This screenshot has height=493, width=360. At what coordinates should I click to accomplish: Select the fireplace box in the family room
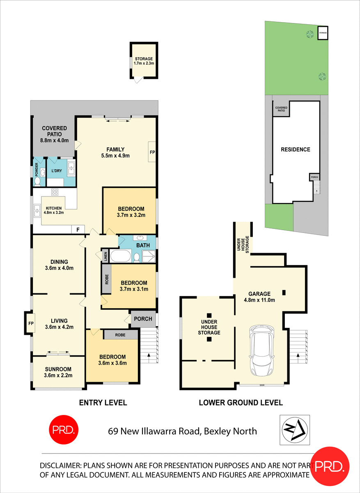152,152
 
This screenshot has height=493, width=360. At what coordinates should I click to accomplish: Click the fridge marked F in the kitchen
78,229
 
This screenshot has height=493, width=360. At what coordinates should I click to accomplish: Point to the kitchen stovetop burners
55,192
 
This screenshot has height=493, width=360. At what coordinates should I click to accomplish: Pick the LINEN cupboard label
105,256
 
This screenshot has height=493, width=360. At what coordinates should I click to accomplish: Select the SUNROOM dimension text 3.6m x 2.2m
58,375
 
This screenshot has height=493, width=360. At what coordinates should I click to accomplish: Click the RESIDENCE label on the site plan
295,150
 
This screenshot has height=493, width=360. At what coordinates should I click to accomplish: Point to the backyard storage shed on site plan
323,33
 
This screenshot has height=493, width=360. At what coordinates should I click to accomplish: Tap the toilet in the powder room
37,181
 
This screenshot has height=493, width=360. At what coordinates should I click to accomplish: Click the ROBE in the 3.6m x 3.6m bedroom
120,335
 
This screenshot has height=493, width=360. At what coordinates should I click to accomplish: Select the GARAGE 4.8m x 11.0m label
259,297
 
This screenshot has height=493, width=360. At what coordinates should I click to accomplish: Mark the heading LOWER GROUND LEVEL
241,403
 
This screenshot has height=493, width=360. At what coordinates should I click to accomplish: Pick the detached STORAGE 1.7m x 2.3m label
144,61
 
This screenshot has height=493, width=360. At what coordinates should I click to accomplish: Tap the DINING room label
59,265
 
